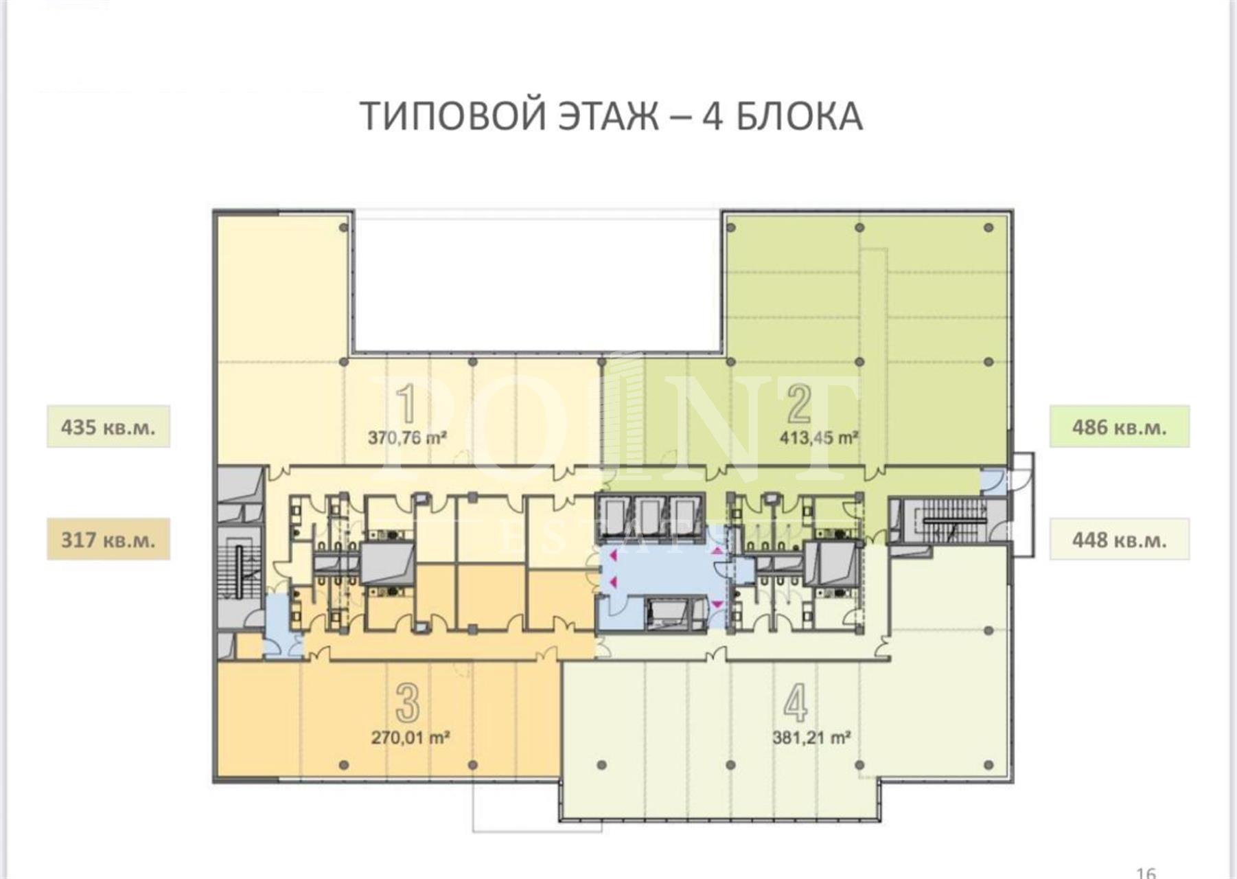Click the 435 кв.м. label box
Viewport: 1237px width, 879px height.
[x=108, y=426]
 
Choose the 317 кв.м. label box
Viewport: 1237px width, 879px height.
[x=108, y=539]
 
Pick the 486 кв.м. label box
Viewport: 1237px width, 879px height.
[x=1120, y=426]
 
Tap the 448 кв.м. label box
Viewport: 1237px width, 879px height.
[x=1120, y=539]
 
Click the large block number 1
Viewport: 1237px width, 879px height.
[x=407, y=404]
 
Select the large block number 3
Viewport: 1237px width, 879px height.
[x=408, y=703]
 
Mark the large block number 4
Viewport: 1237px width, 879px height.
[x=796, y=703]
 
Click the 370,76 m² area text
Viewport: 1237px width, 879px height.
[x=408, y=437]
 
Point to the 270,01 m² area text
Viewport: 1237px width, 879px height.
[x=411, y=738]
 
